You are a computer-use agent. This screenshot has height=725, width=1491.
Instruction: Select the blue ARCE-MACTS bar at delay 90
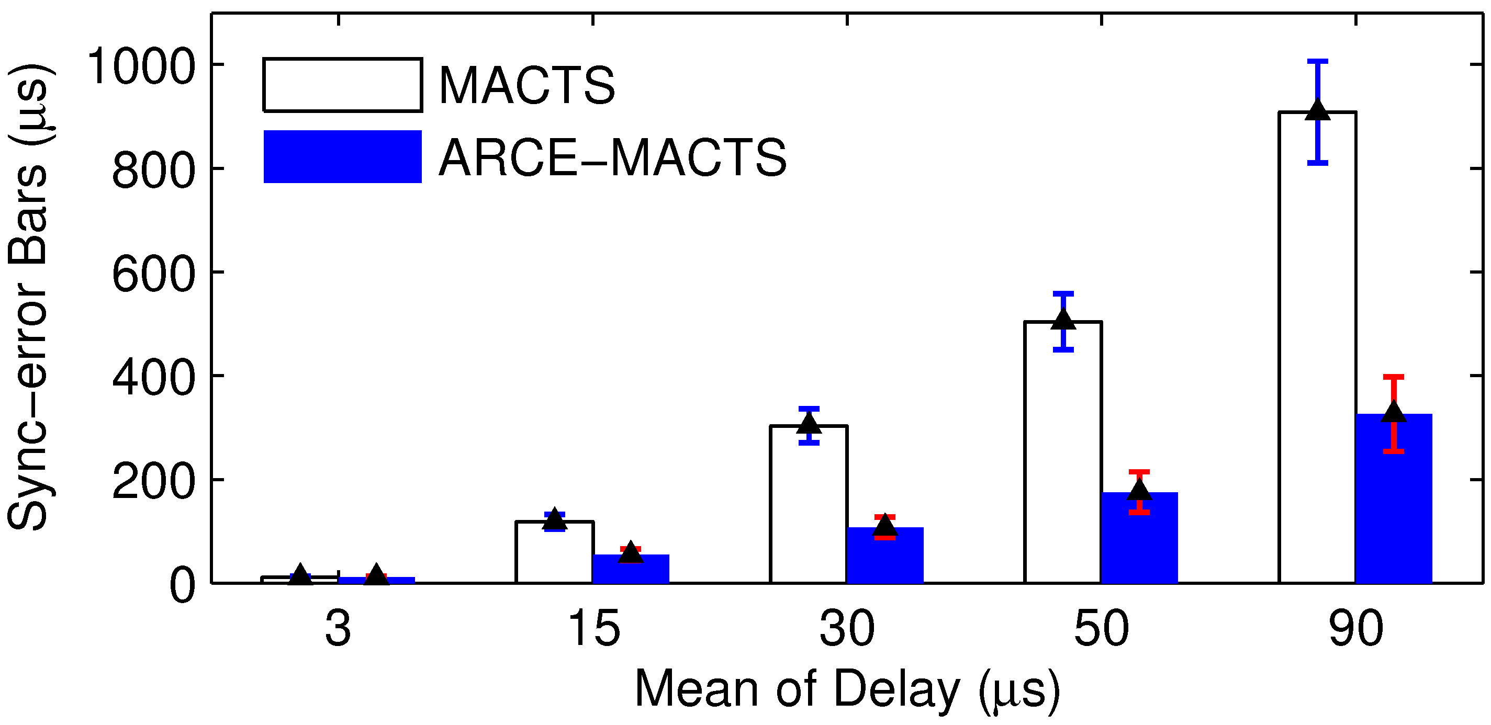point(1393,503)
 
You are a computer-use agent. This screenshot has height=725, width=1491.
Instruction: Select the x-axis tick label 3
point(338,629)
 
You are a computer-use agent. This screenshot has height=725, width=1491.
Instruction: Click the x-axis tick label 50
point(1101,629)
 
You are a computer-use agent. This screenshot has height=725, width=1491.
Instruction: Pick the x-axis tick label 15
point(594,629)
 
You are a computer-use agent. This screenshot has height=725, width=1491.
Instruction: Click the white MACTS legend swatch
point(342,84)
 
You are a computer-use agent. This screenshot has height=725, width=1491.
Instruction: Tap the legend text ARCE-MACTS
point(612,157)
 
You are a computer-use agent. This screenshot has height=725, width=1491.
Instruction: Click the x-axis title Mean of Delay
point(847,690)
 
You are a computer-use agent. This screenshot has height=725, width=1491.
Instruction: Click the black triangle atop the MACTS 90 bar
point(1317,110)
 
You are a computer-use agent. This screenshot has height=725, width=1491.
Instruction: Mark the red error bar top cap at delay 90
point(1393,377)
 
